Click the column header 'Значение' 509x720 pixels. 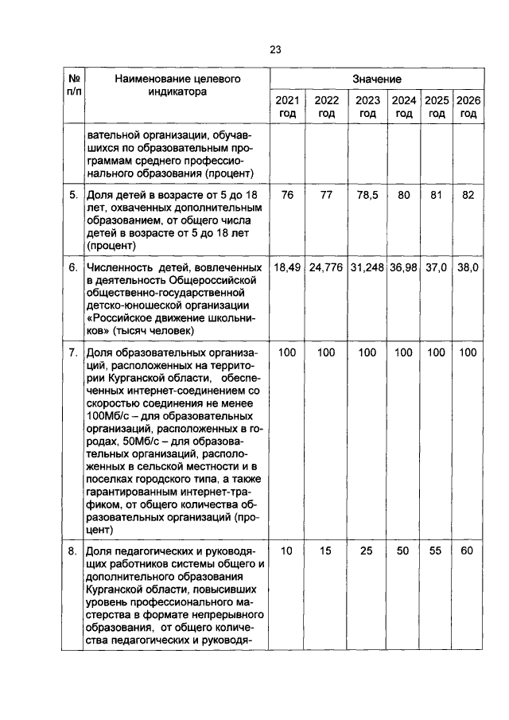pyautogui.click(x=377, y=80)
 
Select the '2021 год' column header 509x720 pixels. pyautogui.click(x=287, y=107)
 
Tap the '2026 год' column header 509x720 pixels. pyautogui.click(x=468, y=107)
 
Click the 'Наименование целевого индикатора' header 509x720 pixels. pyautogui.click(x=177, y=85)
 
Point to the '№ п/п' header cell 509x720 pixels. pyautogui.click(x=72, y=85)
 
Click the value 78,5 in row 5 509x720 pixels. pyautogui.click(x=367, y=194)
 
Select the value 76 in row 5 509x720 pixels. pyautogui.click(x=287, y=194)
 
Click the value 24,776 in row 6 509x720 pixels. pyautogui.click(x=326, y=268)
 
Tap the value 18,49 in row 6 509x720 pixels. pyautogui.click(x=287, y=268)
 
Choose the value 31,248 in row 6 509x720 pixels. pyautogui.click(x=367, y=268)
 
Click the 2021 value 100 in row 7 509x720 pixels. pyautogui.click(x=287, y=352)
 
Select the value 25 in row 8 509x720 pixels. pyautogui.click(x=367, y=550)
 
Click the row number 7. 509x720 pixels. pyautogui.click(x=72, y=352)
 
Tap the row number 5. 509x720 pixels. pyautogui.click(x=72, y=194)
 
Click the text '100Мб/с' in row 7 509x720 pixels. pyautogui.click(x=110, y=413)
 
